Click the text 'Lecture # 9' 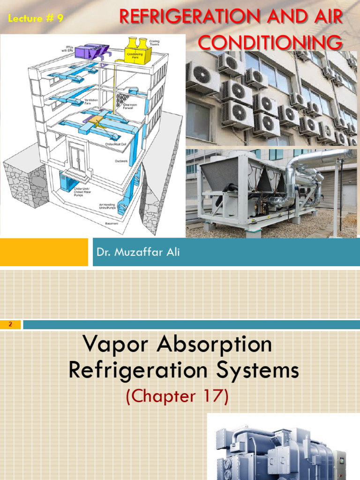[x=36, y=18]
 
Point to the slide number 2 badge [x=10, y=324]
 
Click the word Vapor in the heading [x=112, y=345]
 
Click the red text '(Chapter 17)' [x=177, y=396]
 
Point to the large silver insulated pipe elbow [x=300, y=164]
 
